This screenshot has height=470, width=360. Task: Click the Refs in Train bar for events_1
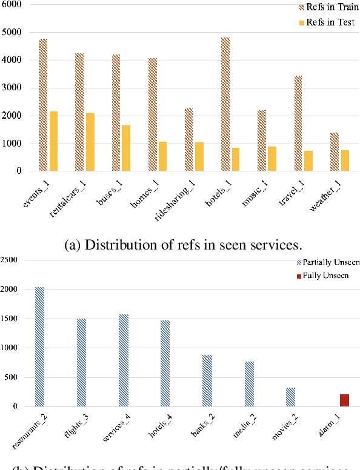[x=43, y=105]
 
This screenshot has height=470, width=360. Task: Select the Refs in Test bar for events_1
[x=53, y=141]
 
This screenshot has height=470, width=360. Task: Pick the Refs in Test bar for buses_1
[x=126, y=148]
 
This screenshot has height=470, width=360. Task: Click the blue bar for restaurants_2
[x=39, y=346]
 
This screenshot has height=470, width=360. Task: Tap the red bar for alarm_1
[x=344, y=400]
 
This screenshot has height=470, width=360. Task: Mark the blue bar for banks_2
[x=207, y=380]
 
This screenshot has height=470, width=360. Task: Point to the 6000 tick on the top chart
[x=12, y=4]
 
